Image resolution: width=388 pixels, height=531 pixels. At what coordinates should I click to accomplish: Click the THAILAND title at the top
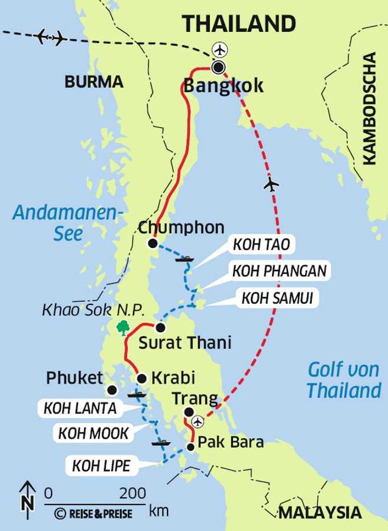click(239, 24)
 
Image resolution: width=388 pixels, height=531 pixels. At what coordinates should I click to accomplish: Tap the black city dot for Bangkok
click(219, 67)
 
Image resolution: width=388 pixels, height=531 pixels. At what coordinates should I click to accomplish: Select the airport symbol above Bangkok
click(220, 48)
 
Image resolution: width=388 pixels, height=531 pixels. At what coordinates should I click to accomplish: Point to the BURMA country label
click(94, 82)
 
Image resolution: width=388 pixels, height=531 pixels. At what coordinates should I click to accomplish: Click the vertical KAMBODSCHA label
click(370, 108)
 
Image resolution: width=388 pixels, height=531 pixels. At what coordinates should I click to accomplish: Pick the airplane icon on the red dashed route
click(271, 184)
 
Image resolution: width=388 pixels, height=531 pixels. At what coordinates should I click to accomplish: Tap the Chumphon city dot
click(153, 243)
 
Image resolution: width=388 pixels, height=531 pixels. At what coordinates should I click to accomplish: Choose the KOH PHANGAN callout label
click(279, 271)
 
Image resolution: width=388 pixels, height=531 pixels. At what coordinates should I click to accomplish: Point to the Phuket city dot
click(111, 390)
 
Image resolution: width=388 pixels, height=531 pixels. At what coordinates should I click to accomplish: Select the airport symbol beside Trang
click(198, 421)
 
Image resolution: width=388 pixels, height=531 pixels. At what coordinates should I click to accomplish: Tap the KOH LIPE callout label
click(101, 466)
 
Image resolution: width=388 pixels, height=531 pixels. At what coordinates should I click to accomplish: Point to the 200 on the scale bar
click(132, 493)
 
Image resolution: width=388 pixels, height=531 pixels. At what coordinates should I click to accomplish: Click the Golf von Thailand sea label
click(344, 381)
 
